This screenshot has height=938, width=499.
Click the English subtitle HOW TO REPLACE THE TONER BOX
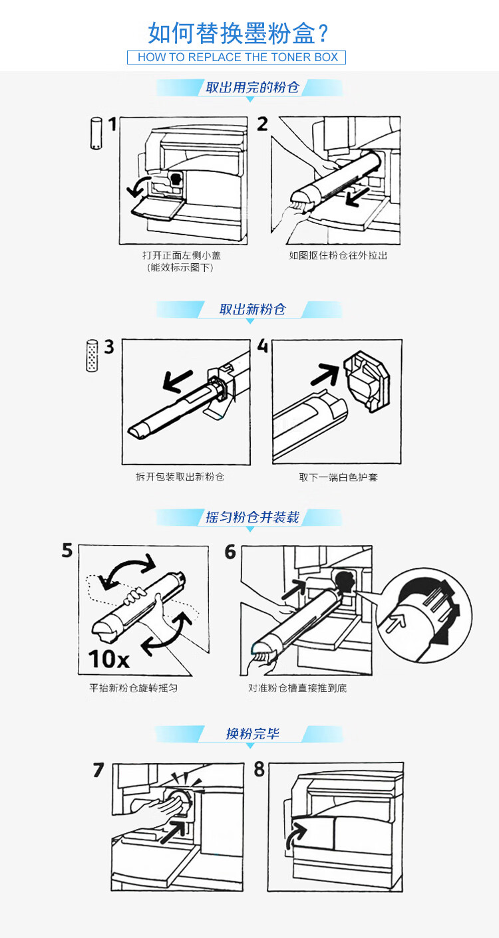click(238, 57)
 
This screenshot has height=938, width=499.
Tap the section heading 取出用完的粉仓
click(251, 87)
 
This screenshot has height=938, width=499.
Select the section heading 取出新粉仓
click(252, 310)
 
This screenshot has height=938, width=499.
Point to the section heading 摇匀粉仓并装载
click(251, 518)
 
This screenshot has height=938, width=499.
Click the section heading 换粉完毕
click(252, 734)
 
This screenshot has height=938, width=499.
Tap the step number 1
click(112, 124)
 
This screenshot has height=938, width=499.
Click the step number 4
click(263, 346)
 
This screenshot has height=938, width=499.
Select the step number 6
click(230, 552)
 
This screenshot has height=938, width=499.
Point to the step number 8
click(259, 769)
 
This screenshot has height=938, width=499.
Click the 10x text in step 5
click(109, 659)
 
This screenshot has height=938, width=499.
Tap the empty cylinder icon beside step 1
click(96, 133)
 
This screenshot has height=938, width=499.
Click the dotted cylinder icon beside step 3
click(92, 356)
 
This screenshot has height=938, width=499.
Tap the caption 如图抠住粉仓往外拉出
click(338, 255)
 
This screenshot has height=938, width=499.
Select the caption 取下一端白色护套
click(339, 477)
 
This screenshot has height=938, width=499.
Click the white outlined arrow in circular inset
click(395, 622)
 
